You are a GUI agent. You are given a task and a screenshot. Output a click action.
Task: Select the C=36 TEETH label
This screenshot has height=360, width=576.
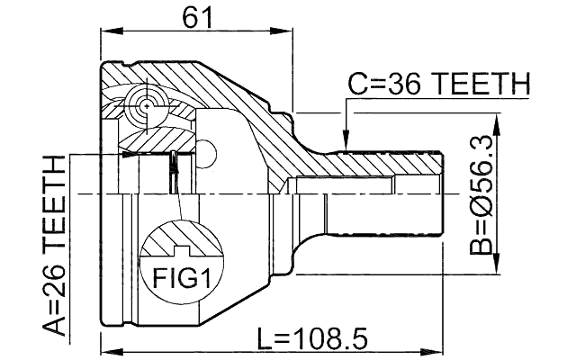438,85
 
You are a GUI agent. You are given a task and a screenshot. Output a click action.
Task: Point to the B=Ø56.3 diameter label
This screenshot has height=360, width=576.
482,193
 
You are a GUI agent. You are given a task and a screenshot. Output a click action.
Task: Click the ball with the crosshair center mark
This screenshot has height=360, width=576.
145,105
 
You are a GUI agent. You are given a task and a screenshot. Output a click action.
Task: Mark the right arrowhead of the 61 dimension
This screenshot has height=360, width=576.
291,32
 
